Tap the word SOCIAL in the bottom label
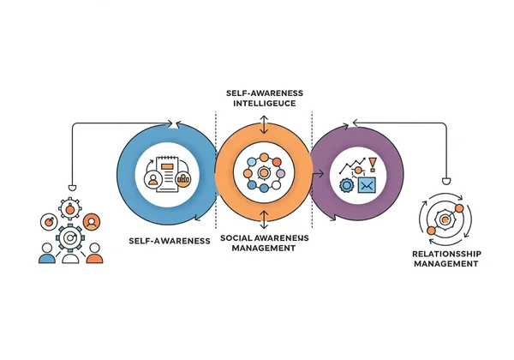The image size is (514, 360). point(236,237)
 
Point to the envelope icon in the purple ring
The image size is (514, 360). point(366,184)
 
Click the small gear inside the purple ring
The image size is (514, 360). point(346,184)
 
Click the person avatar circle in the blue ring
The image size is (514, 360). point(153,179)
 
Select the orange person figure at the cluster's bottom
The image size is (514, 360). point(94,254)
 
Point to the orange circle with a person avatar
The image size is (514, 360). point(92,220)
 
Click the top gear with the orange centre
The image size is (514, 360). point(70,208)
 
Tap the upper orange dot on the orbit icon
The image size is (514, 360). point(459,208)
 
